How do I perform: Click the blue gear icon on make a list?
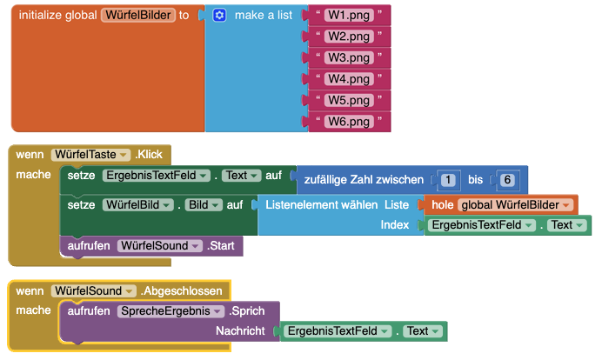tap(219, 16)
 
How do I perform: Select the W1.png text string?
tap(349, 16)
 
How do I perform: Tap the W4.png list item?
tap(349, 79)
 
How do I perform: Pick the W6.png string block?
tap(349, 122)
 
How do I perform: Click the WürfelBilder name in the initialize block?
tap(138, 16)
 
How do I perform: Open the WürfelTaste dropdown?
tap(91, 154)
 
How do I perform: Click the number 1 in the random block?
tap(448, 180)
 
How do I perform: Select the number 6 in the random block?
tap(507, 180)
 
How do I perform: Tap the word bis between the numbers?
tap(475, 180)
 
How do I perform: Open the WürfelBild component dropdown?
tap(138, 205)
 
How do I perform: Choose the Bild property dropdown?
tap(204, 205)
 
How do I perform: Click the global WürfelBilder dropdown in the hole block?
tap(515, 205)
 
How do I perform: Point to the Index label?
tap(395, 225)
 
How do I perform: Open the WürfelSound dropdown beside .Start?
tap(160, 245)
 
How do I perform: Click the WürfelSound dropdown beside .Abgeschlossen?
tap(94, 291)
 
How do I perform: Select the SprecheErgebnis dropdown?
tap(171, 311)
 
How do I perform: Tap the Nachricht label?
tap(240, 330)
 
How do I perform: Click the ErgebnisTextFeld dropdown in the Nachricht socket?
tap(338, 330)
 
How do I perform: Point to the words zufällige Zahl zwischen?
tap(364, 180)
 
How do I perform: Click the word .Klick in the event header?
tap(149, 154)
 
